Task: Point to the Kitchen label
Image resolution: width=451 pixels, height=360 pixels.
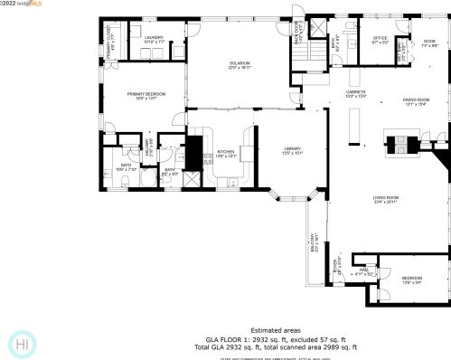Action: coord(226,153)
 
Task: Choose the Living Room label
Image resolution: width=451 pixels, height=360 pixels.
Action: coord(386,200)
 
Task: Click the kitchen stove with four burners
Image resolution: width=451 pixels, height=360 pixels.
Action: coord(207,159)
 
